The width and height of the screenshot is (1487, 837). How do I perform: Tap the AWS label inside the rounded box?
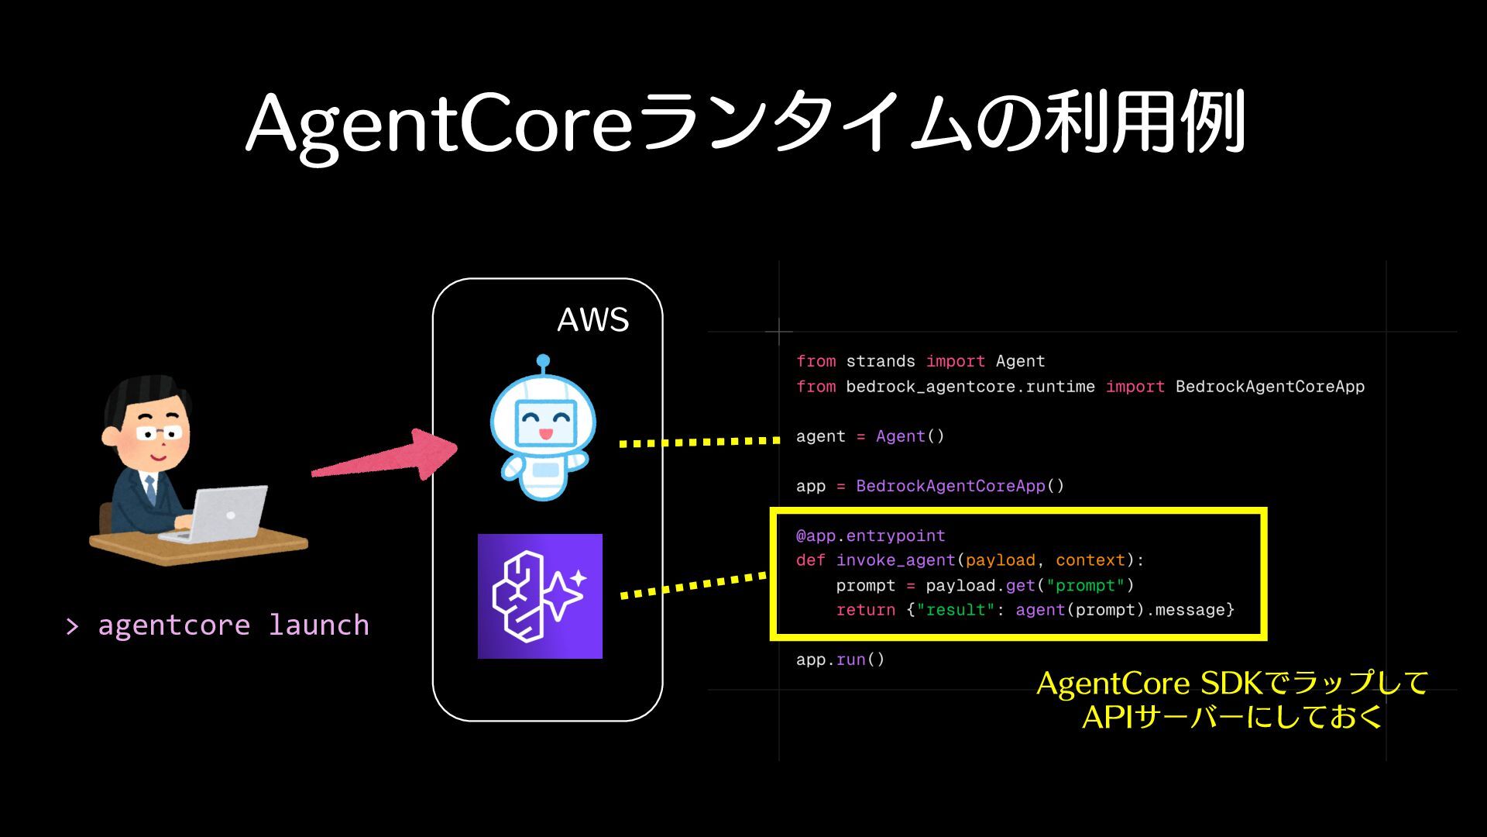pyautogui.click(x=592, y=319)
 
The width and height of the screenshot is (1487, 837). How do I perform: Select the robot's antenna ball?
pyautogui.click(x=543, y=361)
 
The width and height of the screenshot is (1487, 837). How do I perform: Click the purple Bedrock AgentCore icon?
pyautogui.click(x=540, y=596)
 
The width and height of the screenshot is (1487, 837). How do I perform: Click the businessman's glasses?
pyautogui.click(x=161, y=432)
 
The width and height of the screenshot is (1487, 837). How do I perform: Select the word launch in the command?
pyautogui.click(x=318, y=625)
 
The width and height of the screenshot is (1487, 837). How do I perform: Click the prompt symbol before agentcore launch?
pyautogui.click(x=73, y=626)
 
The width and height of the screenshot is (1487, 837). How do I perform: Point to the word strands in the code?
pyautogui.click(x=880, y=361)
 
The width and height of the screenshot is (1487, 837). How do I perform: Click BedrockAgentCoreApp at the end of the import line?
pyautogui.click(x=1269, y=386)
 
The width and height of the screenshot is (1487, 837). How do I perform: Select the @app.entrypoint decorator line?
pyautogui.click(x=870, y=536)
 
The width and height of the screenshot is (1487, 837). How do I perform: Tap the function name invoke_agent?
pyautogui.click(x=895, y=560)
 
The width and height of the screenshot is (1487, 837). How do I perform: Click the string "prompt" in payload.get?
pyautogui.click(x=1085, y=585)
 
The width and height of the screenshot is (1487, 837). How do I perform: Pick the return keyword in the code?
pyautogui.click(x=865, y=610)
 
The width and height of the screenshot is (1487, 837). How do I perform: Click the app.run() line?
pyautogui.click(x=840, y=660)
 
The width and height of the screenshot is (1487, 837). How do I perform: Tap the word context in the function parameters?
pyautogui.click(x=1090, y=560)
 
